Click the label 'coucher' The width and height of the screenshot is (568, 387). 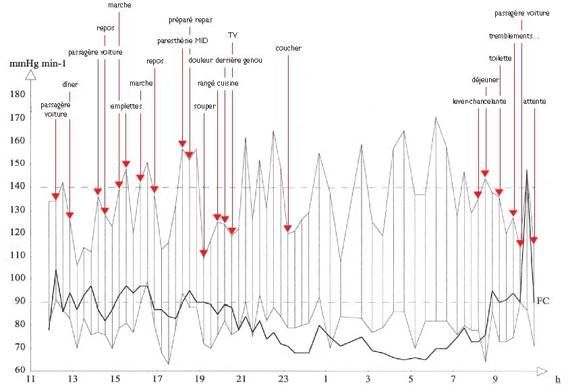click(x=288, y=49)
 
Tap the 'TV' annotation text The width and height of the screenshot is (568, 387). click(x=233, y=35)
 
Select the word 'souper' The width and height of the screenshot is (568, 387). click(x=204, y=106)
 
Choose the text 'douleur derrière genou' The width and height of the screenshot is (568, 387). click(x=225, y=61)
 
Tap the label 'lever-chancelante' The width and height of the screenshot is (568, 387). click(x=479, y=101)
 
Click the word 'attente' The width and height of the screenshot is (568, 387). click(x=534, y=101)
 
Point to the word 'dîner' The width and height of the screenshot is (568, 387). click(x=69, y=85)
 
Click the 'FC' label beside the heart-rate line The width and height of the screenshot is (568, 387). click(x=542, y=301)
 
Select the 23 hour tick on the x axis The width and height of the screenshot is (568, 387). click(x=283, y=379)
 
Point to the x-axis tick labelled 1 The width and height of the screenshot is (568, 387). click(x=326, y=379)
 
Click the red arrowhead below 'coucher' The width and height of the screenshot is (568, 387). click(x=287, y=228)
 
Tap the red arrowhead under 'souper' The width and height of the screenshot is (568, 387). click(x=204, y=254)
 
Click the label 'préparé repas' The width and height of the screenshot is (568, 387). click(x=190, y=20)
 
